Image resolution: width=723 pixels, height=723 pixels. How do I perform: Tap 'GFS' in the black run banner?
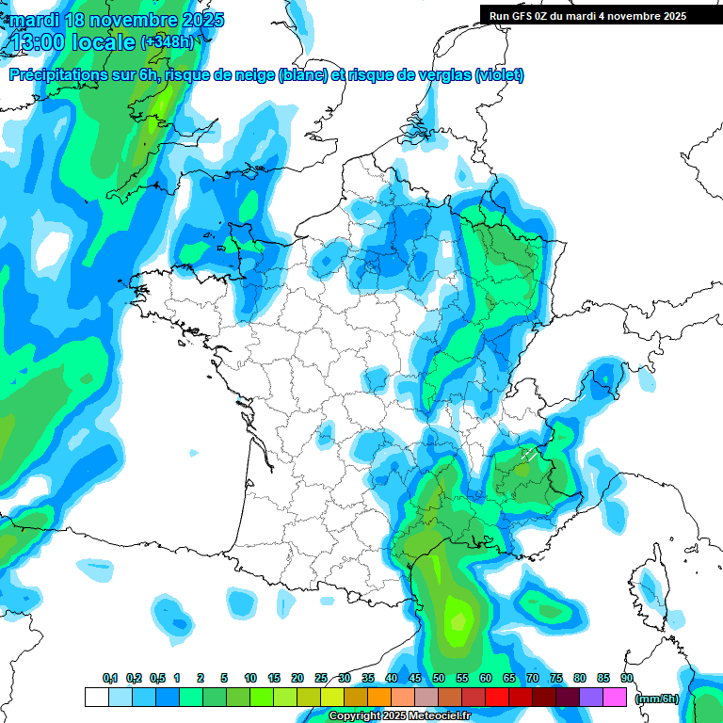pos(523,16)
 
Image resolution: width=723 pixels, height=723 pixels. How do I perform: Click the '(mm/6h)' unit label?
pos(656,698)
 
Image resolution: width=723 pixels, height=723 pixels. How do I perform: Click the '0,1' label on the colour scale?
pos(109,678)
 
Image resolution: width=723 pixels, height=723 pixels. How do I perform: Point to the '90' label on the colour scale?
pos(627,678)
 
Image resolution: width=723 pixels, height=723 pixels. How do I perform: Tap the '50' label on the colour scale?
pos(439,678)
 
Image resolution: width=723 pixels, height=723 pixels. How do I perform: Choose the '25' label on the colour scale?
pos(321,678)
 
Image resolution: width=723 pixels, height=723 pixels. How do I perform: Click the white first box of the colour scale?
pos(96,698)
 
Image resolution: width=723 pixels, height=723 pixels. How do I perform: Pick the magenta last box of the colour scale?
pos(615,698)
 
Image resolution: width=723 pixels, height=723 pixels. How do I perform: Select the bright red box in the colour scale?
pos(497,698)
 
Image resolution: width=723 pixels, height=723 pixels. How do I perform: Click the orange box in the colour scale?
pos(379,698)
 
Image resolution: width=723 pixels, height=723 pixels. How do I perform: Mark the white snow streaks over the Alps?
pos(529,456)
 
